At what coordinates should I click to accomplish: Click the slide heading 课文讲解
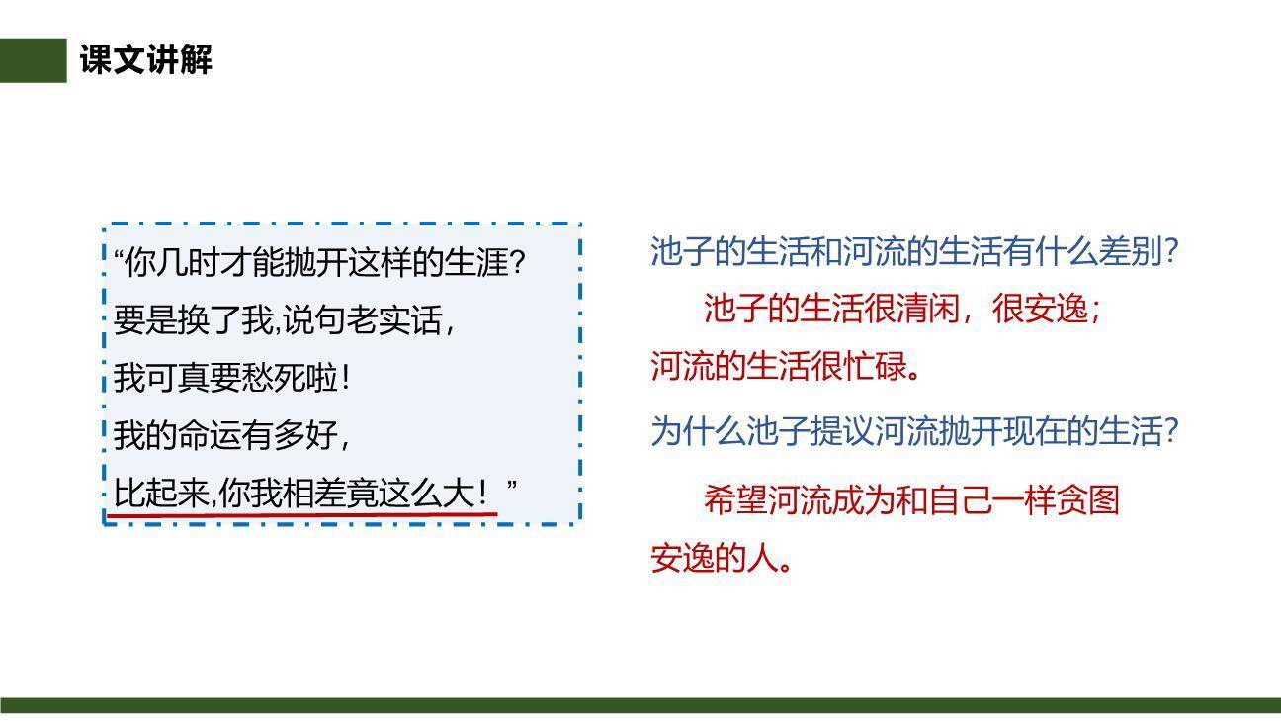pyautogui.click(x=146, y=60)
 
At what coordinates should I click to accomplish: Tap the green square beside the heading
pyautogui.click(x=33, y=60)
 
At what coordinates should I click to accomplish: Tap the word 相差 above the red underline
pyautogui.click(x=314, y=493)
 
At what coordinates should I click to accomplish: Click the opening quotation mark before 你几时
pyautogui.click(x=120, y=259)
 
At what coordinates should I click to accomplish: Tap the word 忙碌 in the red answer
pyautogui.click(x=876, y=367)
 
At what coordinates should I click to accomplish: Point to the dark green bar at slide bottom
pyautogui.click(x=640, y=705)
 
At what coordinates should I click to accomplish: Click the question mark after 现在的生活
pyautogui.click(x=1170, y=431)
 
